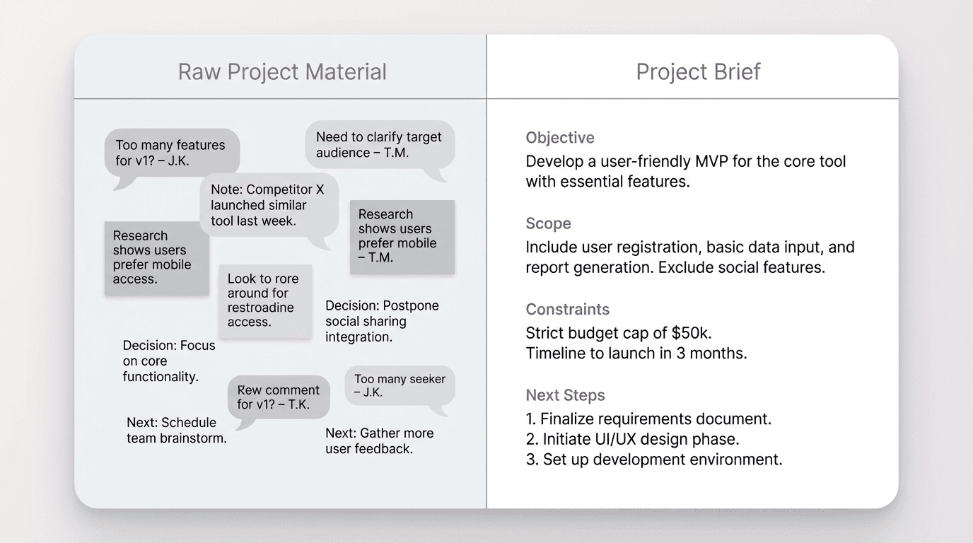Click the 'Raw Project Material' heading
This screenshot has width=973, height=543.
[x=281, y=72]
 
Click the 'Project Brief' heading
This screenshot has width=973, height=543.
[x=698, y=72]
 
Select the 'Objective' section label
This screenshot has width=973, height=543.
[x=560, y=138]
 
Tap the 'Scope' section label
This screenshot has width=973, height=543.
[x=548, y=223]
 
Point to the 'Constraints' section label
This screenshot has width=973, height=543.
[x=567, y=310]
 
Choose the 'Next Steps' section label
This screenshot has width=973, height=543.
[x=565, y=395]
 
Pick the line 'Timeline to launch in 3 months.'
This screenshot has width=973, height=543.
[x=636, y=353]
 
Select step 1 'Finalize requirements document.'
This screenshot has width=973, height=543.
[x=648, y=419]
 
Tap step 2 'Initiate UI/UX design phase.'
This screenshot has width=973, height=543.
[x=632, y=439]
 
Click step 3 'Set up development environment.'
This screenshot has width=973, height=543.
[x=654, y=460]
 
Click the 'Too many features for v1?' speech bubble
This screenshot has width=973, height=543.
[x=171, y=153]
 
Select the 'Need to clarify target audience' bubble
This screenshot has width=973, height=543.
[x=379, y=145]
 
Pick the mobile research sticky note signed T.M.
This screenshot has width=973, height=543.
[x=402, y=236]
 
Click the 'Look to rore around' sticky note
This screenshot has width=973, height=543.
[x=264, y=300]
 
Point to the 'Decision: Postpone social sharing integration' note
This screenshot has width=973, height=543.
[x=382, y=321]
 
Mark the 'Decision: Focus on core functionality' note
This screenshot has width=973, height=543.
[x=169, y=361]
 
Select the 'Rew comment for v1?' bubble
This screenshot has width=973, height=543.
[x=278, y=397]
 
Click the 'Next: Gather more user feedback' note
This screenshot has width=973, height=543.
[x=379, y=440]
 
